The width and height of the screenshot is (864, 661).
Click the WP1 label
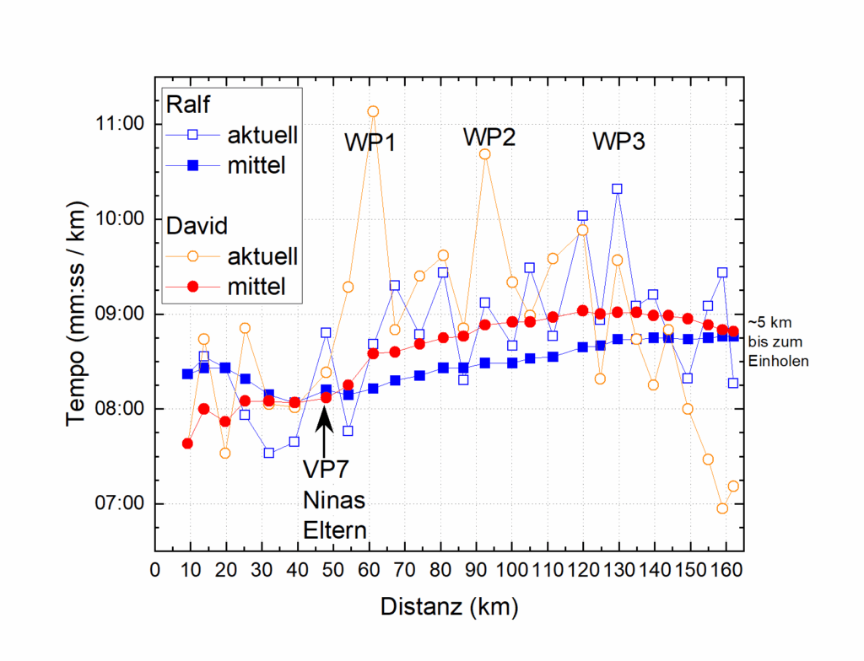(x=370, y=142)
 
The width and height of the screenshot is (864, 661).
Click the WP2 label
(x=489, y=137)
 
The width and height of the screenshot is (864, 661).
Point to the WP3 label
(x=618, y=142)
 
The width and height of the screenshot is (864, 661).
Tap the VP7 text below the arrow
(x=326, y=468)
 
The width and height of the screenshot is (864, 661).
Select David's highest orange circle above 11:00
(x=373, y=111)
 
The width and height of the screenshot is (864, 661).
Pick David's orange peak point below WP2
(x=485, y=154)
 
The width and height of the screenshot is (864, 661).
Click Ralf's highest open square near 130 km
(x=618, y=189)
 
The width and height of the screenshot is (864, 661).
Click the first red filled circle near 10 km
(x=187, y=443)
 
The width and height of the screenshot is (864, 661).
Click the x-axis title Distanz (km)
(x=449, y=606)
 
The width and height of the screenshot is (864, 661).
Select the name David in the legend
(x=194, y=226)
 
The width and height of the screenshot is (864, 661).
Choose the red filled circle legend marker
(x=192, y=287)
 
